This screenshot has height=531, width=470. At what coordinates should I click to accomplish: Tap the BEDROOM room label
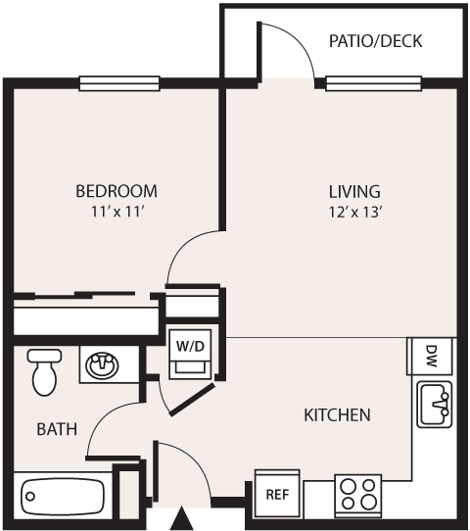(x=116, y=190)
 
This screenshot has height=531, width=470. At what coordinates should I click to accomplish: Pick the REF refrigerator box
(x=277, y=494)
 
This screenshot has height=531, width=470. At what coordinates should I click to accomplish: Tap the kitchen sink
(x=434, y=406)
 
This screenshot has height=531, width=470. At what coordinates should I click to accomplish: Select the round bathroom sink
(x=101, y=366)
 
